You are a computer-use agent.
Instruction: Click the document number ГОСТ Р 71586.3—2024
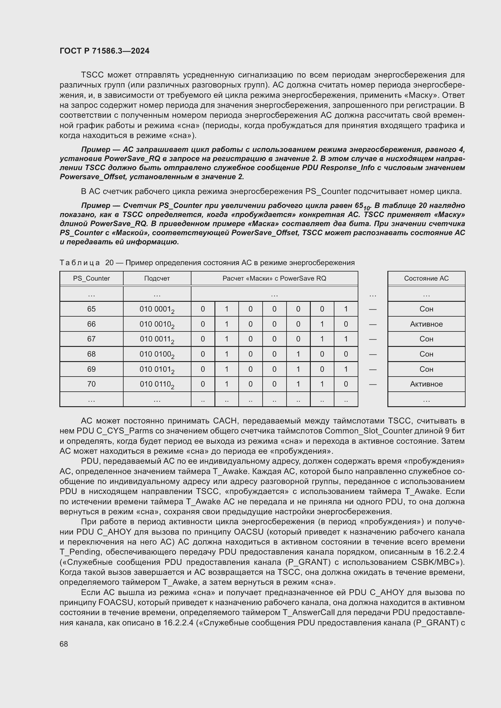(x=104, y=51)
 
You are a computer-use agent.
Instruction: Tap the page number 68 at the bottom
(x=64, y=644)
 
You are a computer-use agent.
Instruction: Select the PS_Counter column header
(x=91, y=278)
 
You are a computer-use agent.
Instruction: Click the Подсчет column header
(x=157, y=278)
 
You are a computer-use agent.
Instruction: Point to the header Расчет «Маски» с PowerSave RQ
(x=274, y=278)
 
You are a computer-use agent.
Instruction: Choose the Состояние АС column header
(x=426, y=278)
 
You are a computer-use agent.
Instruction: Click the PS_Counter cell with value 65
(x=91, y=309)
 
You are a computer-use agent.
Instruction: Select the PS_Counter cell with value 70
(x=91, y=384)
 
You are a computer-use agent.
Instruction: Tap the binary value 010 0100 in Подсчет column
(x=157, y=354)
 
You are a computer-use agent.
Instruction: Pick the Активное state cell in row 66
(x=426, y=324)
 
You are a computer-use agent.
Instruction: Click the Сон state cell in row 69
(x=426, y=369)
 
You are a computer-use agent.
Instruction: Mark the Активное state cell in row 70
(x=426, y=384)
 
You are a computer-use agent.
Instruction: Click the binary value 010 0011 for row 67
(x=157, y=339)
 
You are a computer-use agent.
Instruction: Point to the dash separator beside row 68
(x=373, y=354)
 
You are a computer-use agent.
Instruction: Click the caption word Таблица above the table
(x=80, y=263)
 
